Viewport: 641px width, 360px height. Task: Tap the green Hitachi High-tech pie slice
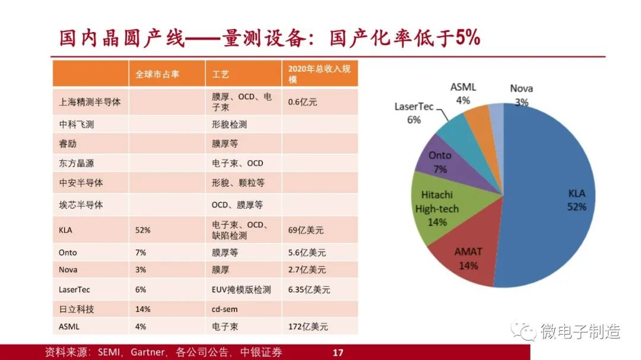point(437,208)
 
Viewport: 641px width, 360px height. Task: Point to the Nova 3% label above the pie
point(521,95)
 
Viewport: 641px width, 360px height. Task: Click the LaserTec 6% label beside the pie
point(414,113)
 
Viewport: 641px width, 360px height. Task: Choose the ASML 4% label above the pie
point(463,94)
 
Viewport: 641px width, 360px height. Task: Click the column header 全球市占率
point(157,74)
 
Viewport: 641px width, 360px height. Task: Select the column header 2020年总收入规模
point(319,74)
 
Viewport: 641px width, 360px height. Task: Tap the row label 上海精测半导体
point(90,102)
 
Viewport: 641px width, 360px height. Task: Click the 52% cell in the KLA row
point(142,230)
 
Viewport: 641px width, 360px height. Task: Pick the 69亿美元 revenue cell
point(306,230)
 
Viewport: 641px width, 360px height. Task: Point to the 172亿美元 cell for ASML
point(308,327)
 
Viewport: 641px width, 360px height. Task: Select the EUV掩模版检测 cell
point(241,289)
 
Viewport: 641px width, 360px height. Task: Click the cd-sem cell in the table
point(224,310)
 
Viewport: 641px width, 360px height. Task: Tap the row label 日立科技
point(77,310)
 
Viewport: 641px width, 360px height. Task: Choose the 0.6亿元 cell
point(303,102)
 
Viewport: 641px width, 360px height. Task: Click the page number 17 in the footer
point(338,353)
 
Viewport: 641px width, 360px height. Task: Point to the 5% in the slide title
point(468,37)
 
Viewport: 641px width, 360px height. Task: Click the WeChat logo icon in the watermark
point(523,330)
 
